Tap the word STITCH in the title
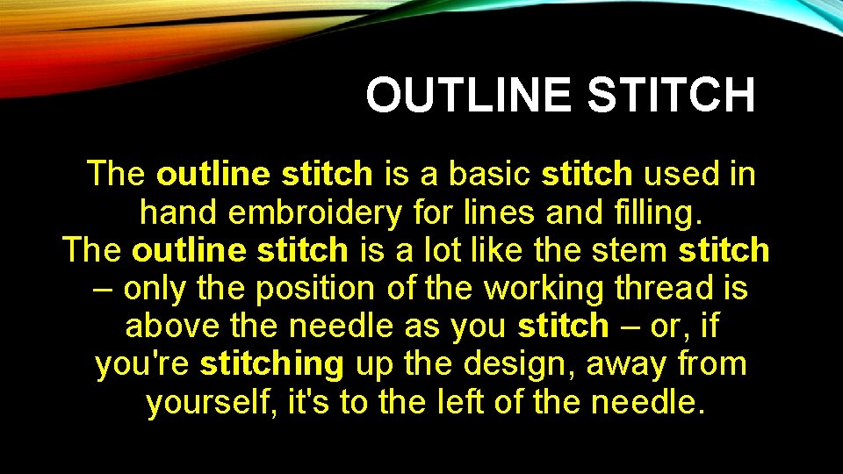tap(672, 96)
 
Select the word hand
tap(175, 212)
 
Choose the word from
tap(712, 364)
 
